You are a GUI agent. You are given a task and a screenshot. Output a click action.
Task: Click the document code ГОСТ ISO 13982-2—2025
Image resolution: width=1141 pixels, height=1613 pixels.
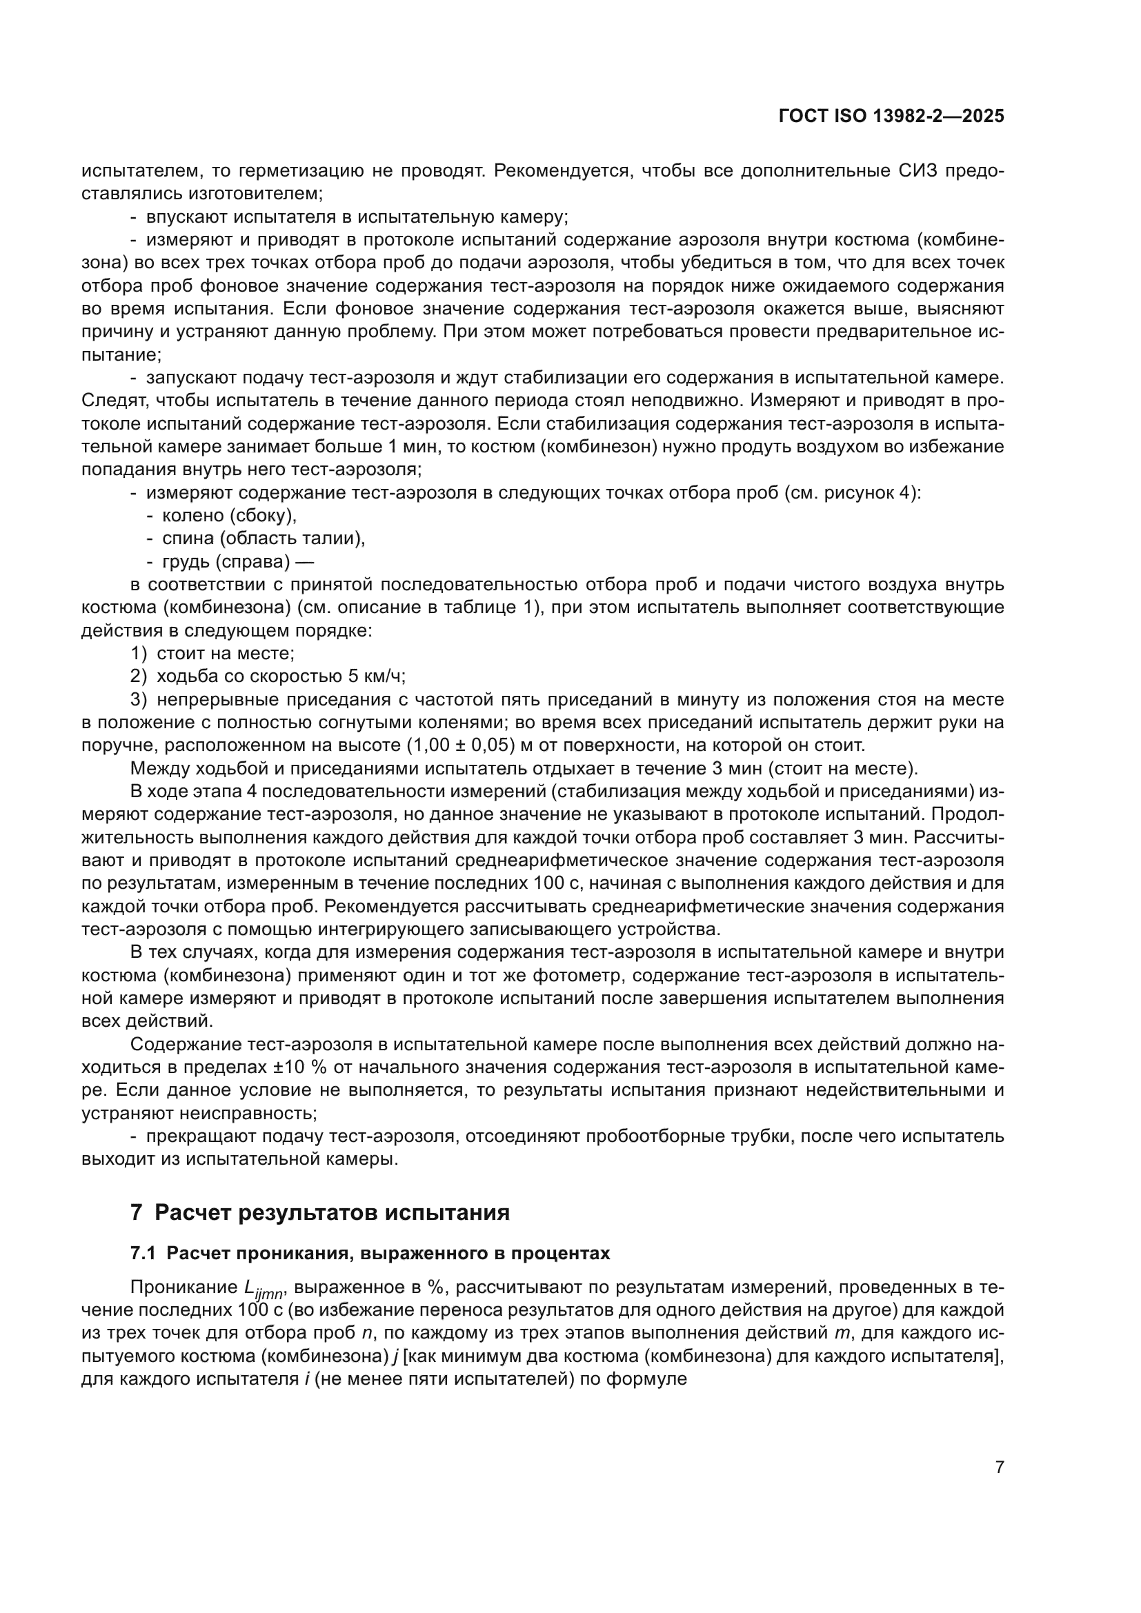891,117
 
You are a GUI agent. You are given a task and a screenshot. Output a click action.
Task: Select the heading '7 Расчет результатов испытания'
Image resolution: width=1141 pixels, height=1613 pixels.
319,1212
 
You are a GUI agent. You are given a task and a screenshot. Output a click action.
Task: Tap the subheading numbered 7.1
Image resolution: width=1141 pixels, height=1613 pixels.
370,1254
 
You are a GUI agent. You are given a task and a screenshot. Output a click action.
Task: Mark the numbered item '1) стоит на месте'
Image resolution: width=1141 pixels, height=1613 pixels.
212,653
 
